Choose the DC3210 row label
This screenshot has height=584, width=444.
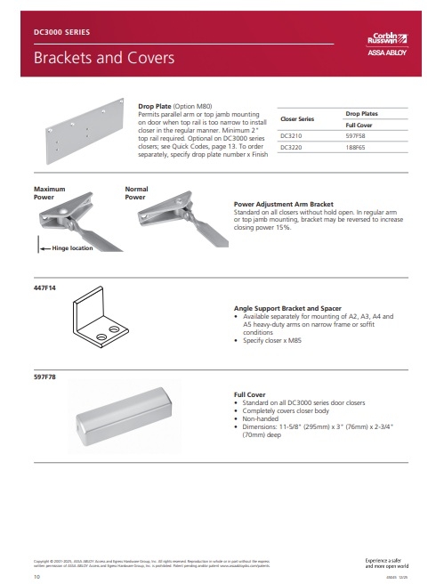[x=291, y=136]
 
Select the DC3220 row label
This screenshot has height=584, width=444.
[x=291, y=148]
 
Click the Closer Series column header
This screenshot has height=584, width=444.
[x=297, y=118]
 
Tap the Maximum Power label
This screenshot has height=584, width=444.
[x=50, y=193]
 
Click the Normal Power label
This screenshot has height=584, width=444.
[x=136, y=193]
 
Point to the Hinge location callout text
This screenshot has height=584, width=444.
[x=72, y=248]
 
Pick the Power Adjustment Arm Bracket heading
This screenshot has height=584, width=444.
[x=285, y=202]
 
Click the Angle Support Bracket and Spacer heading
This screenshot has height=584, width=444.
[x=287, y=306]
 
